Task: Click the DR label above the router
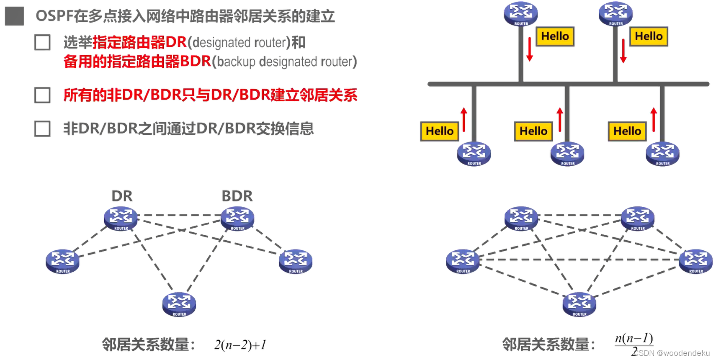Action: pos(122,196)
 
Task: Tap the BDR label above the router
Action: pos(237,196)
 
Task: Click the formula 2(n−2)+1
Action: pos(240,345)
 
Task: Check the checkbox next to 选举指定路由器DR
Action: pos(42,43)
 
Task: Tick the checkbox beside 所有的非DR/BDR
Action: pos(42,95)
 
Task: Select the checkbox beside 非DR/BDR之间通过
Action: pos(42,129)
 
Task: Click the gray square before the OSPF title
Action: pos(14,16)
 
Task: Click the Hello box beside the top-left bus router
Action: pos(555,36)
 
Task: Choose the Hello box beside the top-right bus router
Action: pos(649,36)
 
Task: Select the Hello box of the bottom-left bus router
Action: pos(440,131)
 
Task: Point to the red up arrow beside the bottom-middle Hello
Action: pos(560,119)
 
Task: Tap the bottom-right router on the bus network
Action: pos(662,154)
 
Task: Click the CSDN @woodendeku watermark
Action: pos(672,353)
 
